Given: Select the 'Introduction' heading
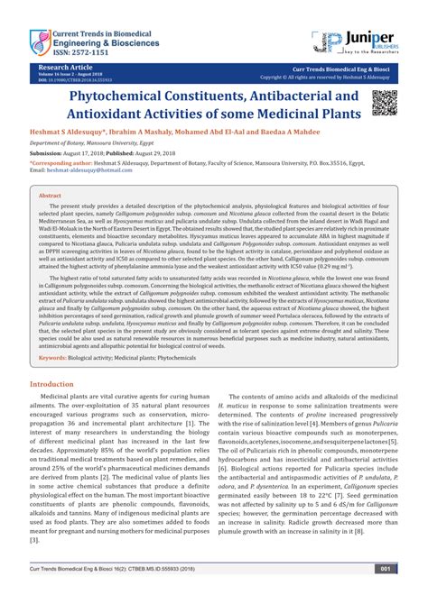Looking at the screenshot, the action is point(60,408).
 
